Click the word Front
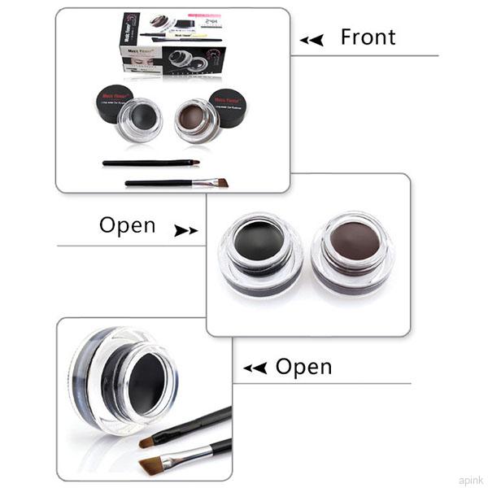click(368, 37)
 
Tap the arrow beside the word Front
click(311, 40)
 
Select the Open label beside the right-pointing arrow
click(127, 225)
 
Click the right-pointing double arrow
click(185, 231)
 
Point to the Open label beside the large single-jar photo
click(303, 367)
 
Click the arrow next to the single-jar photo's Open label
click(255, 368)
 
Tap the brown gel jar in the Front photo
click(195, 119)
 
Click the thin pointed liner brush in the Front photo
click(150, 163)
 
